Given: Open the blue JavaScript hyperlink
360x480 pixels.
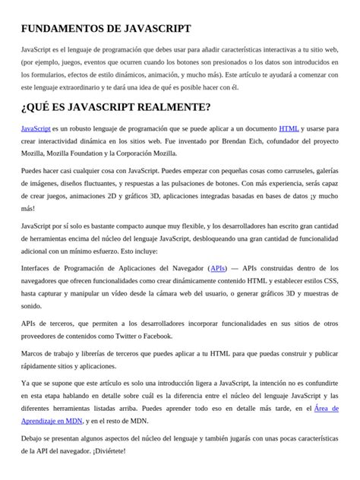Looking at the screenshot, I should (x=36, y=129).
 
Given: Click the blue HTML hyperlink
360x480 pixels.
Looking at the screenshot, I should (x=289, y=129).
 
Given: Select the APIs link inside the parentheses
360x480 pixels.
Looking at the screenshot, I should (x=218, y=268).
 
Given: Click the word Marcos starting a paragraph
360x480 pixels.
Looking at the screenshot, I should (x=34, y=354).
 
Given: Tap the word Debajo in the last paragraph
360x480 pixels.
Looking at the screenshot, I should (x=34, y=438).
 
